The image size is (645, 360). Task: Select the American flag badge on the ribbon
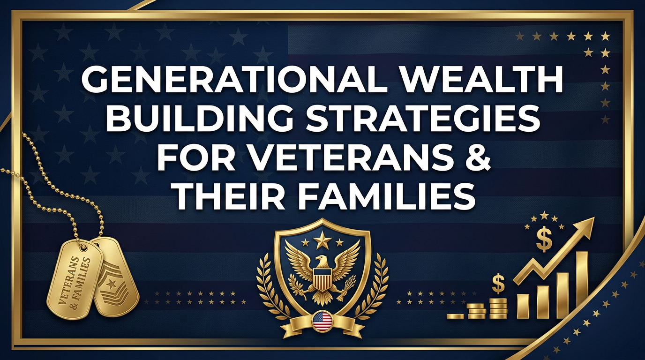[x=322, y=321]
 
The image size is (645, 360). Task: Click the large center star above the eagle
[x=322, y=240]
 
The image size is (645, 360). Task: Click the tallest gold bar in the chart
[x=582, y=285]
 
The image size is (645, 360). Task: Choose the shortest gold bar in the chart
[x=523, y=306]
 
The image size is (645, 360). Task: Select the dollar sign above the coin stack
[x=498, y=284]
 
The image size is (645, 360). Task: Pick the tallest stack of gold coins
[x=498, y=308]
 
